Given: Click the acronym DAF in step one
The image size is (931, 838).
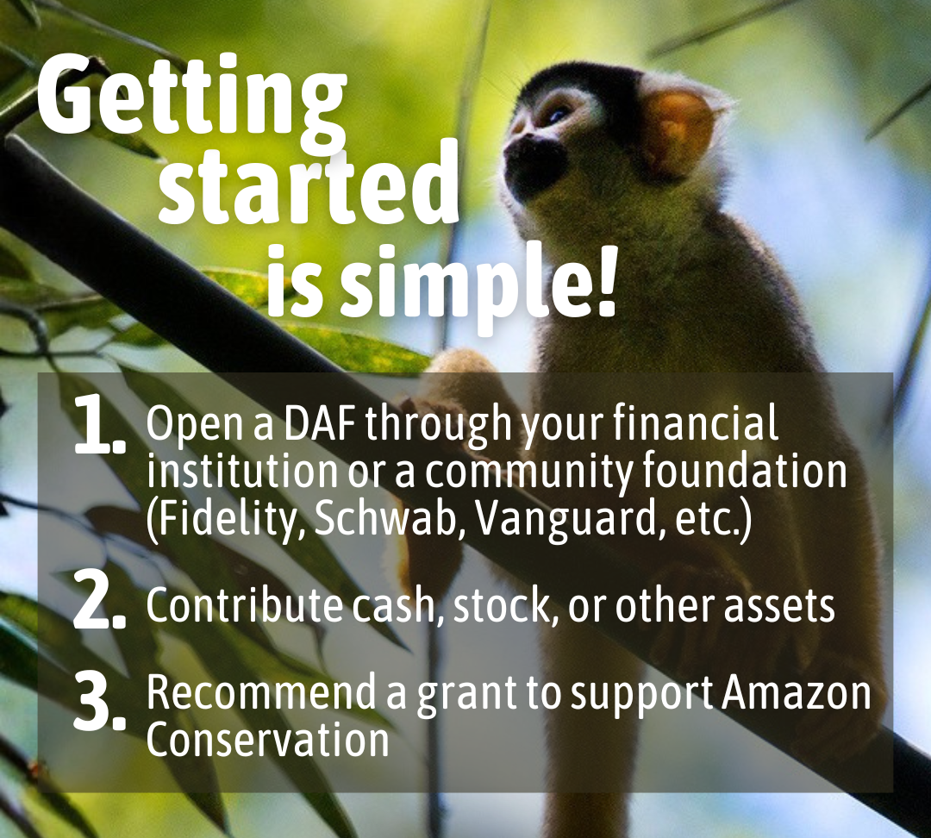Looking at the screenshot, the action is click(x=320, y=424).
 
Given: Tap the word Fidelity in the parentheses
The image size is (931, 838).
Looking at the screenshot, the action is click(x=225, y=519).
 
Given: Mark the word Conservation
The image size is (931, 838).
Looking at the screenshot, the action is click(x=267, y=740).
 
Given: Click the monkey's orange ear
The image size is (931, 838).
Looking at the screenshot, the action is click(x=677, y=128).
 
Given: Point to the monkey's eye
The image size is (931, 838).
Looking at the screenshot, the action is click(x=558, y=115).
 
